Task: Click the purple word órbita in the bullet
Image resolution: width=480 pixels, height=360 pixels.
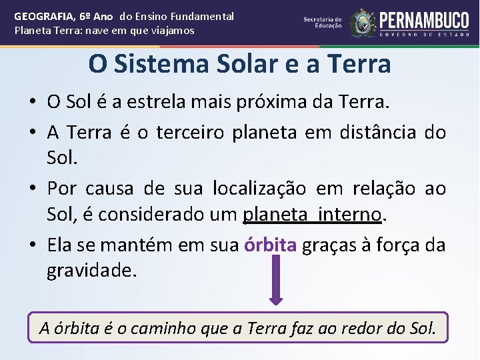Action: coord(271,245)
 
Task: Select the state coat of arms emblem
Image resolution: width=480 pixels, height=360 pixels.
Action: coord(363,23)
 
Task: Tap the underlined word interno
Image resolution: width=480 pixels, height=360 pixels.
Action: coord(350,215)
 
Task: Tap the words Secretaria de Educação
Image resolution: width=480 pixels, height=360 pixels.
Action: coord(323,22)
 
